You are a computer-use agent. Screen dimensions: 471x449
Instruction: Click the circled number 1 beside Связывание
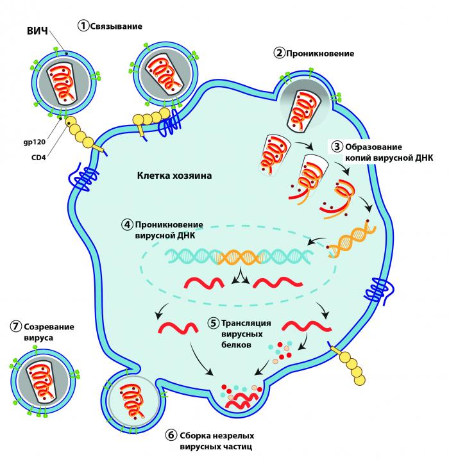tap(83, 26)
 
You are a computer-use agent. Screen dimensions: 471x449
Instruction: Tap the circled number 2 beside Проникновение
tap(278, 53)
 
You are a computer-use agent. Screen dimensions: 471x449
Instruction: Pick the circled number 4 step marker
tap(128, 226)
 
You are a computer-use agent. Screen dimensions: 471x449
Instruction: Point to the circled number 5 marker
tap(213, 322)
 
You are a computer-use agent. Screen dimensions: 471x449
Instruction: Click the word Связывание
tap(115, 26)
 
